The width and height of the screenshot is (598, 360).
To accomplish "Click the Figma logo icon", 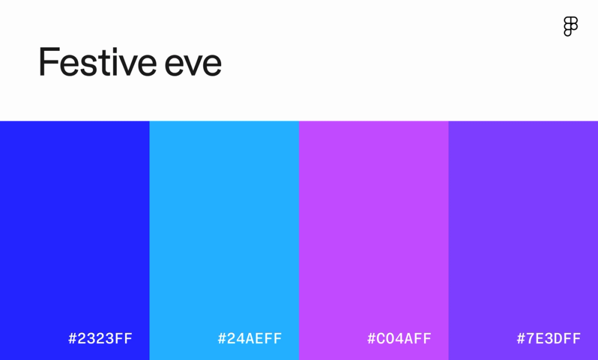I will click(x=570, y=26).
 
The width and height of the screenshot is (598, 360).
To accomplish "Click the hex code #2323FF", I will click(x=100, y=338).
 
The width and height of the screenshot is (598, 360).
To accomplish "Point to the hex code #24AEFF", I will click(x=250, y=338).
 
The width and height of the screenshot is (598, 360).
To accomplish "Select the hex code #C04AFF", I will click(x=399, y=338).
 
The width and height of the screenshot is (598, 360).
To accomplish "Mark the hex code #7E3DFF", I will click(x=549, y=338).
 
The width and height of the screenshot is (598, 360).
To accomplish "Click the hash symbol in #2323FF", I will click(x=73, y=338).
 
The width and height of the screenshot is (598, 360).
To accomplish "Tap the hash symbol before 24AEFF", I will click(x=222, y=338).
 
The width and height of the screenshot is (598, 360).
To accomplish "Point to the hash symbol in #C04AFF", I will click(x=372, y=338).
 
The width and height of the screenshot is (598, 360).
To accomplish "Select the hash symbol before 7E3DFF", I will click(x=521, y=338).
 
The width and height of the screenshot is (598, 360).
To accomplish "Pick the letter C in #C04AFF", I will click(x=381, y=338).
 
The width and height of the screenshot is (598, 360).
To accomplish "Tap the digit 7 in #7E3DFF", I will click(x=530, y=338).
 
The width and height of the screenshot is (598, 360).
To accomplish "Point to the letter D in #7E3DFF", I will click(x=558, y=338).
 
